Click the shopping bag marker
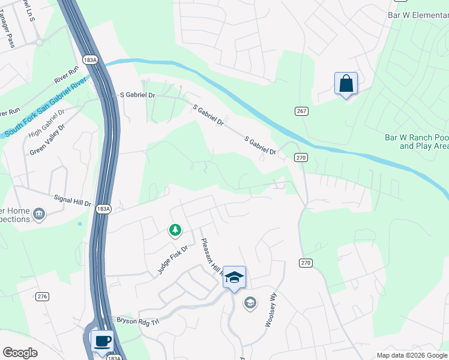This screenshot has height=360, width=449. [x=346, y=83]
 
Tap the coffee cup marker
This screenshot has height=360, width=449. [x=102, y=341]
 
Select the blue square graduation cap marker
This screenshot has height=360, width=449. [x=234, y=277]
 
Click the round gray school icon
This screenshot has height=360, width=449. [x=250, y=304]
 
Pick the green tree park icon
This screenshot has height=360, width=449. [x=175, y=230]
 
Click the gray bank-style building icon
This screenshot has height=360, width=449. [x=39, y=214]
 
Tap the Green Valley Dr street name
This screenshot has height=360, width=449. [x=47, y=140]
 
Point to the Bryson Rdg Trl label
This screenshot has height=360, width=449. [x=137, y=321]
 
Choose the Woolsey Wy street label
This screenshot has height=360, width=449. [x=272, y=310]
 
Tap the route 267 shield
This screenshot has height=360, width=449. [x=301, y=111]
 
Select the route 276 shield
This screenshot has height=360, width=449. [x=42, y=296]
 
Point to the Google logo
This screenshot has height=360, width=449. [x=20, y=353]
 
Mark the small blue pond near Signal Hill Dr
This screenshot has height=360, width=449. [x=80, y=224]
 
